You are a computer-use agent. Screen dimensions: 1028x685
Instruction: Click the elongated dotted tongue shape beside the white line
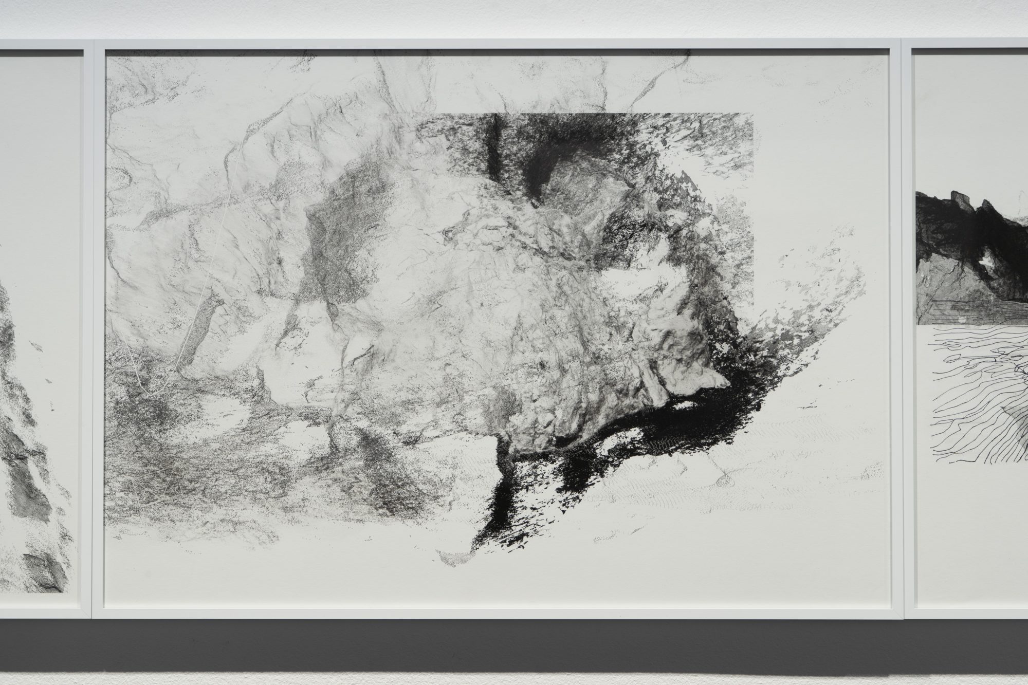[x=203, y=329]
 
